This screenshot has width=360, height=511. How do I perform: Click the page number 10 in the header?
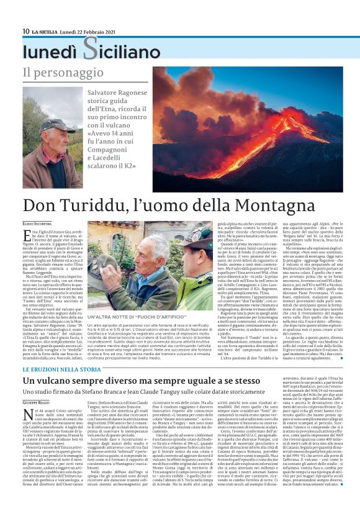click(26, 30)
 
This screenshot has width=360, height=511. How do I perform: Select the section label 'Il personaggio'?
click(54, 73)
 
